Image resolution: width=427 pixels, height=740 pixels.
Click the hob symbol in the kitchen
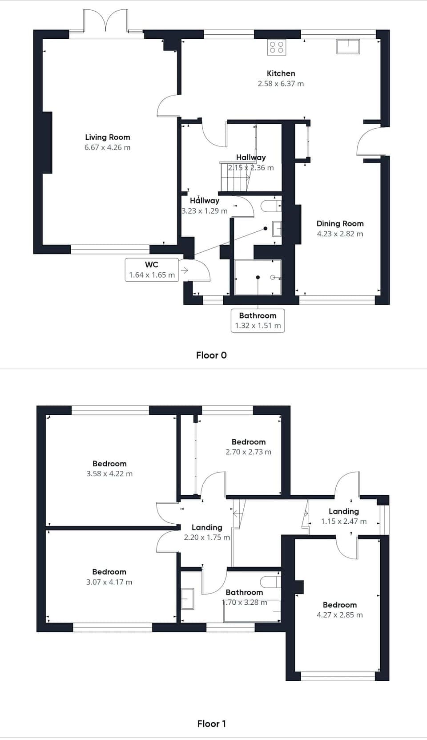276,47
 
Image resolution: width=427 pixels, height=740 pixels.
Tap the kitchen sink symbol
348,47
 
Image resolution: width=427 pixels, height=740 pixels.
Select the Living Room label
108,137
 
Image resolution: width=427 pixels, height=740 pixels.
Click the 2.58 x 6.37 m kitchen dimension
281,84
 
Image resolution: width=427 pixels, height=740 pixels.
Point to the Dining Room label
340,223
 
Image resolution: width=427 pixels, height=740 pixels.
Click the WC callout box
152,270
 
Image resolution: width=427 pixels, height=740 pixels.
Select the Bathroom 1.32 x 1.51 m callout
258,320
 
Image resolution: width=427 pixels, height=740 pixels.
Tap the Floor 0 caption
211,355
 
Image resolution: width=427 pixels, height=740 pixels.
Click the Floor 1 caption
211,724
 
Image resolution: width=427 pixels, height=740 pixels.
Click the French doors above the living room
106,21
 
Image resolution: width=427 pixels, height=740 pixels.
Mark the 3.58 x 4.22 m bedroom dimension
109,474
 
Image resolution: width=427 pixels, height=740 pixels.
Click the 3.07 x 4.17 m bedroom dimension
109,582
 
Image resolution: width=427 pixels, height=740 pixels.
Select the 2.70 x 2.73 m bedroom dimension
248,452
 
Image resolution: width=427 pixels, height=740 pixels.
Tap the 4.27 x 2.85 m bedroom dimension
339,615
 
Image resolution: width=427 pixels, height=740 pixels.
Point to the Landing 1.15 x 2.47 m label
343,516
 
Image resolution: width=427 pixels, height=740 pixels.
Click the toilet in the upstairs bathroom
270,582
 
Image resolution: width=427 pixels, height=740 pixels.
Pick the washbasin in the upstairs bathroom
188,598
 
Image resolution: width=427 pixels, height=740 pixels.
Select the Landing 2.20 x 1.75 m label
207,532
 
